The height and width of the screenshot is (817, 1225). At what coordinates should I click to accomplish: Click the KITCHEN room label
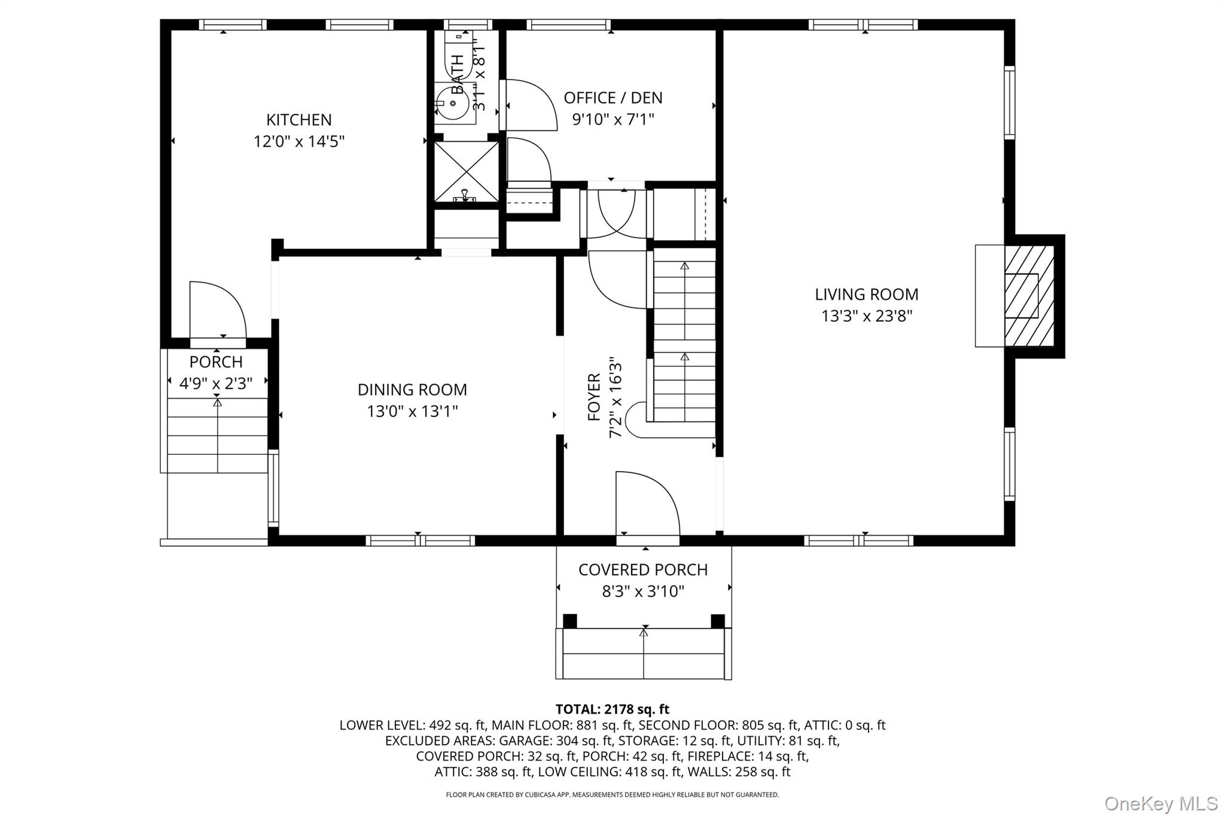(298, 120)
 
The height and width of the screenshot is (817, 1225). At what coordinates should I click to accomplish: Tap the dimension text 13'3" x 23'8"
(866, 316)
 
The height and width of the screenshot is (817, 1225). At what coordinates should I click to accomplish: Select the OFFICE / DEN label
(613, 98)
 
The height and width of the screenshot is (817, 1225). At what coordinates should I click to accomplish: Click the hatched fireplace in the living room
(1029, 296)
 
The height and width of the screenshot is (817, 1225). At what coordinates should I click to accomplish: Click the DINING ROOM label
(412, 390)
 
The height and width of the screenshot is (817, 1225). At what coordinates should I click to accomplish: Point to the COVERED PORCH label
(643, 570)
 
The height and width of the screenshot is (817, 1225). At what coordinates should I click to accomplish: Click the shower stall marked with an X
(466, 170)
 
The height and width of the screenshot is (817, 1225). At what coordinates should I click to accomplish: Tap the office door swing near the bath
(529, 105)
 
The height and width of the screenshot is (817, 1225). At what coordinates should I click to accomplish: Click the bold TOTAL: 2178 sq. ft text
(612, 709)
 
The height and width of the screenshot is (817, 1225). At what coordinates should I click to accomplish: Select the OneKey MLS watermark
(1160, 803)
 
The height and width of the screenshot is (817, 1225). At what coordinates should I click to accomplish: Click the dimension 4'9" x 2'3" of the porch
(216, 384)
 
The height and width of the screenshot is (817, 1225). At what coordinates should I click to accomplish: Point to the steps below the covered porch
(644, 654)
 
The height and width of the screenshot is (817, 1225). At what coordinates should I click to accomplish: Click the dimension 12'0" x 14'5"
(298, 142)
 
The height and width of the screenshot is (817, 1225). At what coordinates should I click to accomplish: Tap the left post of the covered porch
(570, 621)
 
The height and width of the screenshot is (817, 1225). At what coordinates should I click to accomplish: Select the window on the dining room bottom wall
(420, 540)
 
